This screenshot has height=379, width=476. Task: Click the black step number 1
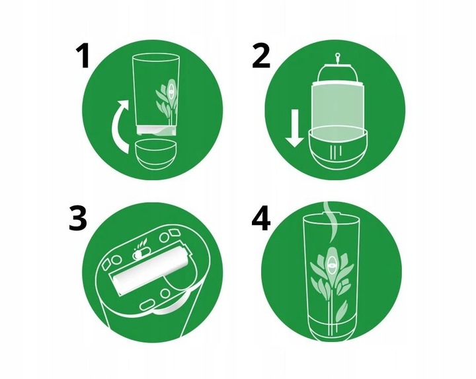(83, 55)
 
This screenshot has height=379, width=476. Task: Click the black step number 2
(260, 55)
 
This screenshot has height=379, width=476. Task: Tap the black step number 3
(78, 218)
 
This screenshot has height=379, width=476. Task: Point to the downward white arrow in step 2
(294, 129)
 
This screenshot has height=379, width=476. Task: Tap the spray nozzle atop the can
(337, 59)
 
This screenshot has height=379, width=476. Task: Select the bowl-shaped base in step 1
(155, 155)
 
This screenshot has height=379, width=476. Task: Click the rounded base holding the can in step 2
(338, 149)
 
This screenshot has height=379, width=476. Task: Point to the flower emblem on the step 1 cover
(167, 98)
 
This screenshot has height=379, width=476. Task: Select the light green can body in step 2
(337, 106)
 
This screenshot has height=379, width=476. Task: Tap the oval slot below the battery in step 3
(148, 305)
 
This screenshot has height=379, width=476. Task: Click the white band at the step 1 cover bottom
(156, 131)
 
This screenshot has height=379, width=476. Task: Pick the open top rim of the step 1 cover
(156, 57)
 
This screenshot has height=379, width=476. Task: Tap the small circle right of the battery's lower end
(165, 293)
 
